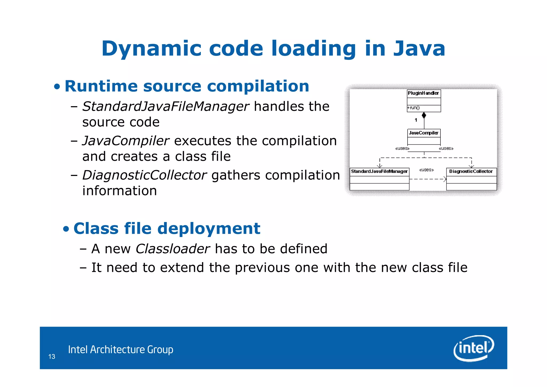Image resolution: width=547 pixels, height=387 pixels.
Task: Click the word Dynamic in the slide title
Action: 151,49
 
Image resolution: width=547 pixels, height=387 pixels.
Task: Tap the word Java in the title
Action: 419,49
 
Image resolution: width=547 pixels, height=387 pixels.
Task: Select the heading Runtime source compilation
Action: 187,86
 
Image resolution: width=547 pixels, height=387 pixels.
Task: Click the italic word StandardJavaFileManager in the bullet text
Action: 166,106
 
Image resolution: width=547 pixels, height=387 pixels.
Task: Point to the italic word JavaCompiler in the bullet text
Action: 126,141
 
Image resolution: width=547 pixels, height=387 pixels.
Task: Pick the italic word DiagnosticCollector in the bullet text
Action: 144,175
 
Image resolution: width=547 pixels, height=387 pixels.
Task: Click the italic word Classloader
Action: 173,249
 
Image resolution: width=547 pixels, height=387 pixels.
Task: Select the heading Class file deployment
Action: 167,228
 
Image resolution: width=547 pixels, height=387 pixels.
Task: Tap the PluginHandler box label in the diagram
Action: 423,93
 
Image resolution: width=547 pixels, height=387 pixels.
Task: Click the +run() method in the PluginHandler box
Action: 413,108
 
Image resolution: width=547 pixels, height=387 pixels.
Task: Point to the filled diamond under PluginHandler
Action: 424,115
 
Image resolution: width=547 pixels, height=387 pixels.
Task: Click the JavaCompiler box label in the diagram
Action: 424,133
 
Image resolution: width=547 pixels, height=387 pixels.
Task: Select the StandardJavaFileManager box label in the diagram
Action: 379,171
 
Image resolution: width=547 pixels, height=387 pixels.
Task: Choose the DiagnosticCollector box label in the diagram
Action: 471,171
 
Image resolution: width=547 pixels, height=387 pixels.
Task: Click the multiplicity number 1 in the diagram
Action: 416,120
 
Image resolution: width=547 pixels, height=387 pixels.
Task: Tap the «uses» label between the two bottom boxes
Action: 427,170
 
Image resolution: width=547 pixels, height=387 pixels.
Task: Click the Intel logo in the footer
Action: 474,348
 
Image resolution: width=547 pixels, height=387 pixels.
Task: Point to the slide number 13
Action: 52,357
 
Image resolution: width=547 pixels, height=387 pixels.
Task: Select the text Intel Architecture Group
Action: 121,350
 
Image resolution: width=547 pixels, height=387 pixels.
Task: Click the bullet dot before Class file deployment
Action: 66,229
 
